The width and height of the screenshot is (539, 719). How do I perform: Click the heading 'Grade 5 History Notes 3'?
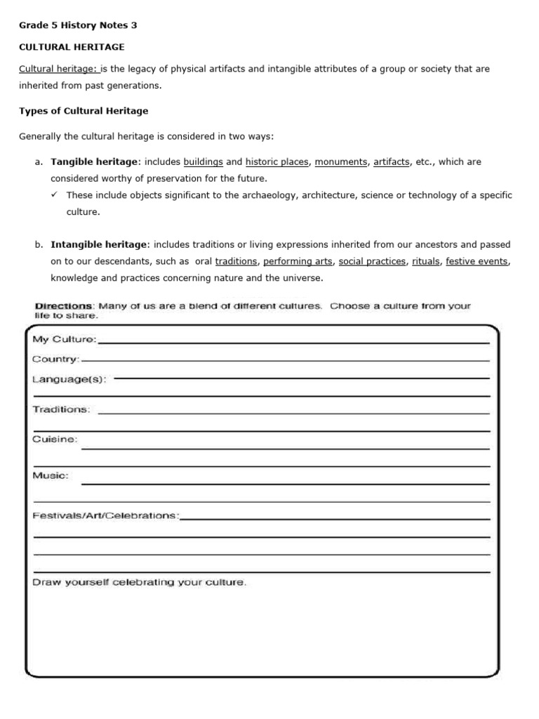[77, 26]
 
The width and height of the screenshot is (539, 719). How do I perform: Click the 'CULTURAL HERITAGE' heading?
[71, 47]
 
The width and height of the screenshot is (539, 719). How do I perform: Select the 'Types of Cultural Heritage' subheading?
[83, 111]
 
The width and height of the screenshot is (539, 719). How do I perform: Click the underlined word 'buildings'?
[203, 161]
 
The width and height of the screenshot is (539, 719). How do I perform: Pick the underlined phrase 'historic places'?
[277, 161]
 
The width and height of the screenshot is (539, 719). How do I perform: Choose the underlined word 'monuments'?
[341, 161]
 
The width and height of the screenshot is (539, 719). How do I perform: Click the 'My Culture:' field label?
[65, 340]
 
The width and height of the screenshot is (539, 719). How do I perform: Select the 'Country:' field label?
[56, 359]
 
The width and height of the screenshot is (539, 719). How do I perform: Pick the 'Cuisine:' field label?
[55, 440]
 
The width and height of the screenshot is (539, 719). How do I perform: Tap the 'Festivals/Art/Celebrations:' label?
[106, 515]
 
